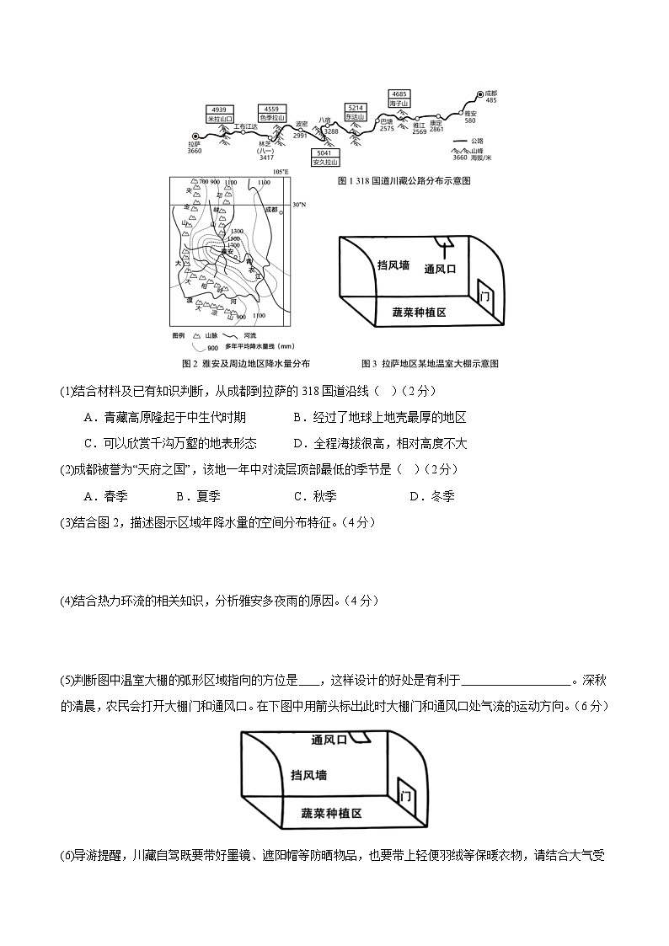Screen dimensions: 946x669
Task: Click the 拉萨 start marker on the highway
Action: coord(195,136)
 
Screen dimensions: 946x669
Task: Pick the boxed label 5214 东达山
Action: coord(356,113)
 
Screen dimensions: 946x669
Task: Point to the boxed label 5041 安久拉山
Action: coord(325,158)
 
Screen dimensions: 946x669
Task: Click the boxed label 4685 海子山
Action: coord(399,98)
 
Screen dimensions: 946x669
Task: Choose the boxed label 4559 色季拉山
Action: coord(271,114)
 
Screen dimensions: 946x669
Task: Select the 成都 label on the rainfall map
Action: coord(270,209)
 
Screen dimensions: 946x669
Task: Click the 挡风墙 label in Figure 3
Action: coord(393,265)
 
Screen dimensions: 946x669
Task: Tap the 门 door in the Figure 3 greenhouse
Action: coord(484,297)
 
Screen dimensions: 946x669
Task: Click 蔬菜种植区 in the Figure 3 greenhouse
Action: coord(419,312)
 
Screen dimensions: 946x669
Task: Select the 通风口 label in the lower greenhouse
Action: coord(329,740)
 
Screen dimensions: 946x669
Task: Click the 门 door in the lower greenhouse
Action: coord(405,796)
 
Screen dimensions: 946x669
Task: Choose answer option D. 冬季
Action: coord(431,496)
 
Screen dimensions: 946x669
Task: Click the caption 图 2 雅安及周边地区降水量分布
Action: coord(246,364)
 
